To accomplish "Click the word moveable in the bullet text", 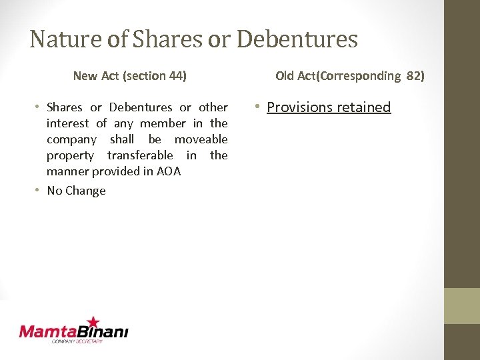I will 201,139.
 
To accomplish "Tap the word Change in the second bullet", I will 85,191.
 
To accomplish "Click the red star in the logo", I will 93,323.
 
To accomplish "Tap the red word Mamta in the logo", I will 49,331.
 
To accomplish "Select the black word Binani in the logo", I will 103,331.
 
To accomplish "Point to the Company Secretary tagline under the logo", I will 77,341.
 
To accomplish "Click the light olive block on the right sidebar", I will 462,305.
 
